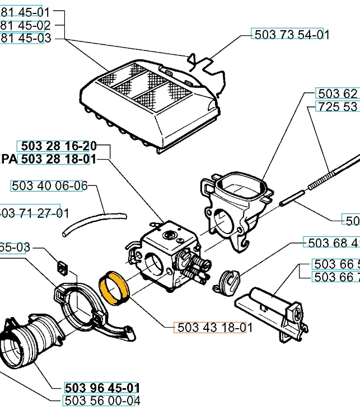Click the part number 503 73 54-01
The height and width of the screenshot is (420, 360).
click(291, 34)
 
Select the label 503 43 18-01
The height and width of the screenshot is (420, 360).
click(211, 328)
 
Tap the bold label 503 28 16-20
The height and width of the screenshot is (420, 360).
click(57, 146)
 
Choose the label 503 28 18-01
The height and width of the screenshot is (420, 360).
click(57, 159)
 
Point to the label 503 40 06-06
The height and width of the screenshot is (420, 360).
click(49, 185)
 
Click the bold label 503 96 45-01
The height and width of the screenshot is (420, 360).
click(102, 388)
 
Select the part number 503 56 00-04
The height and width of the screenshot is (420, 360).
click(102, 400)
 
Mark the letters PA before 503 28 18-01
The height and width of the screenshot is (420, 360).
click(9, 159)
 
